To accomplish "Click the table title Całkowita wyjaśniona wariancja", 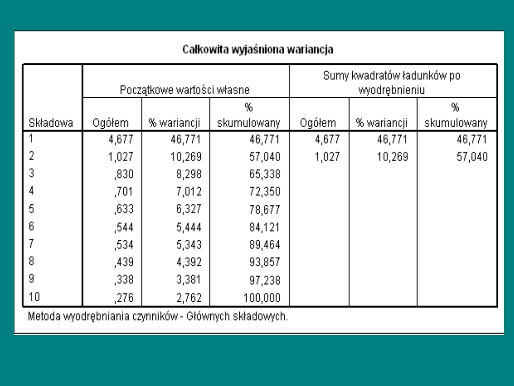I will pyautogui.click(x=258, y=50).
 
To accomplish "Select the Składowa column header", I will pyautogui.click(x=51, y=123).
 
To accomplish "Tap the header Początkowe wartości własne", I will pyautogui.click(x=185, y=89).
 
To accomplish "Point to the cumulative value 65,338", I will pyautogui.click(x=265, y=174).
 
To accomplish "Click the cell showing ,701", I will pyautogui.click(x=124, y=192).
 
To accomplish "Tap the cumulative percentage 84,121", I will pyautogui.click(x=265, y=227).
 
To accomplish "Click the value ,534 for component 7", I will pyautogui.click(x=124, y=245).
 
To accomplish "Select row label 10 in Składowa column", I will pyautogui.click(x=34, y=297).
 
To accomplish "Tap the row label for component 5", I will pyautogui.click(x=31, y=209).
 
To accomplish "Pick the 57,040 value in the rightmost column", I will pyautogui.click(x=472, y=157).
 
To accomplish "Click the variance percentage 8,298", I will pyautogui.click(x=189, y=174).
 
